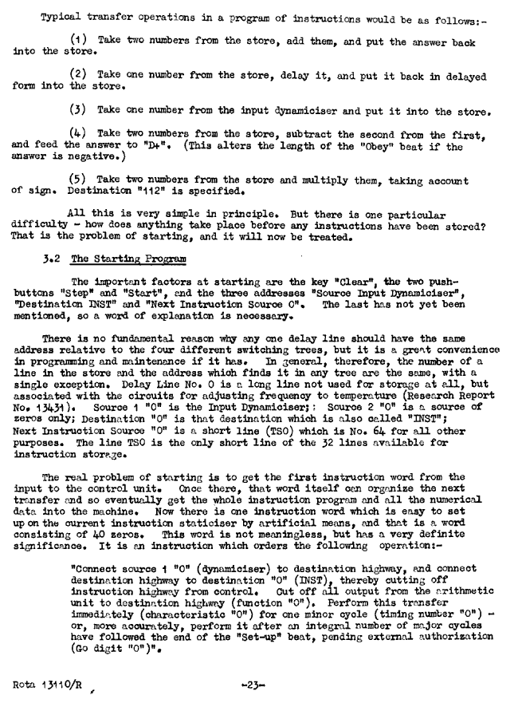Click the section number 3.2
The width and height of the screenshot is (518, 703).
coord(52,259)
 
